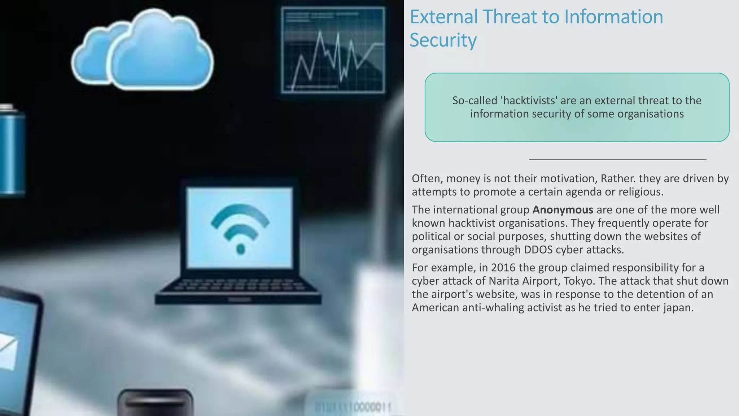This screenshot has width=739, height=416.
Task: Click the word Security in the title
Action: click(x=443, y=40)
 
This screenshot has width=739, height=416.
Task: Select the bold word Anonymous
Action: click(x=563, y=210)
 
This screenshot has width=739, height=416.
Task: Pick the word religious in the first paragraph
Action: click(x=640, y=192)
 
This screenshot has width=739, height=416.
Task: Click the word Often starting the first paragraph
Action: click(x=427, y=178)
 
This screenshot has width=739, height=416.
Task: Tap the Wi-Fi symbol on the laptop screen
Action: click(x=240, y=227)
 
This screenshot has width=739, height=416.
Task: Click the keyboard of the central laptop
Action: click(x=239, y=285)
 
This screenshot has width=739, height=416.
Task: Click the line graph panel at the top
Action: click(x=333, y=50)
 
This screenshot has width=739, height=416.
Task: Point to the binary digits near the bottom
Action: click(x=353, y=407)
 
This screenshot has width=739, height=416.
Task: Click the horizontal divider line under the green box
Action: click(x=617, y=159)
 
